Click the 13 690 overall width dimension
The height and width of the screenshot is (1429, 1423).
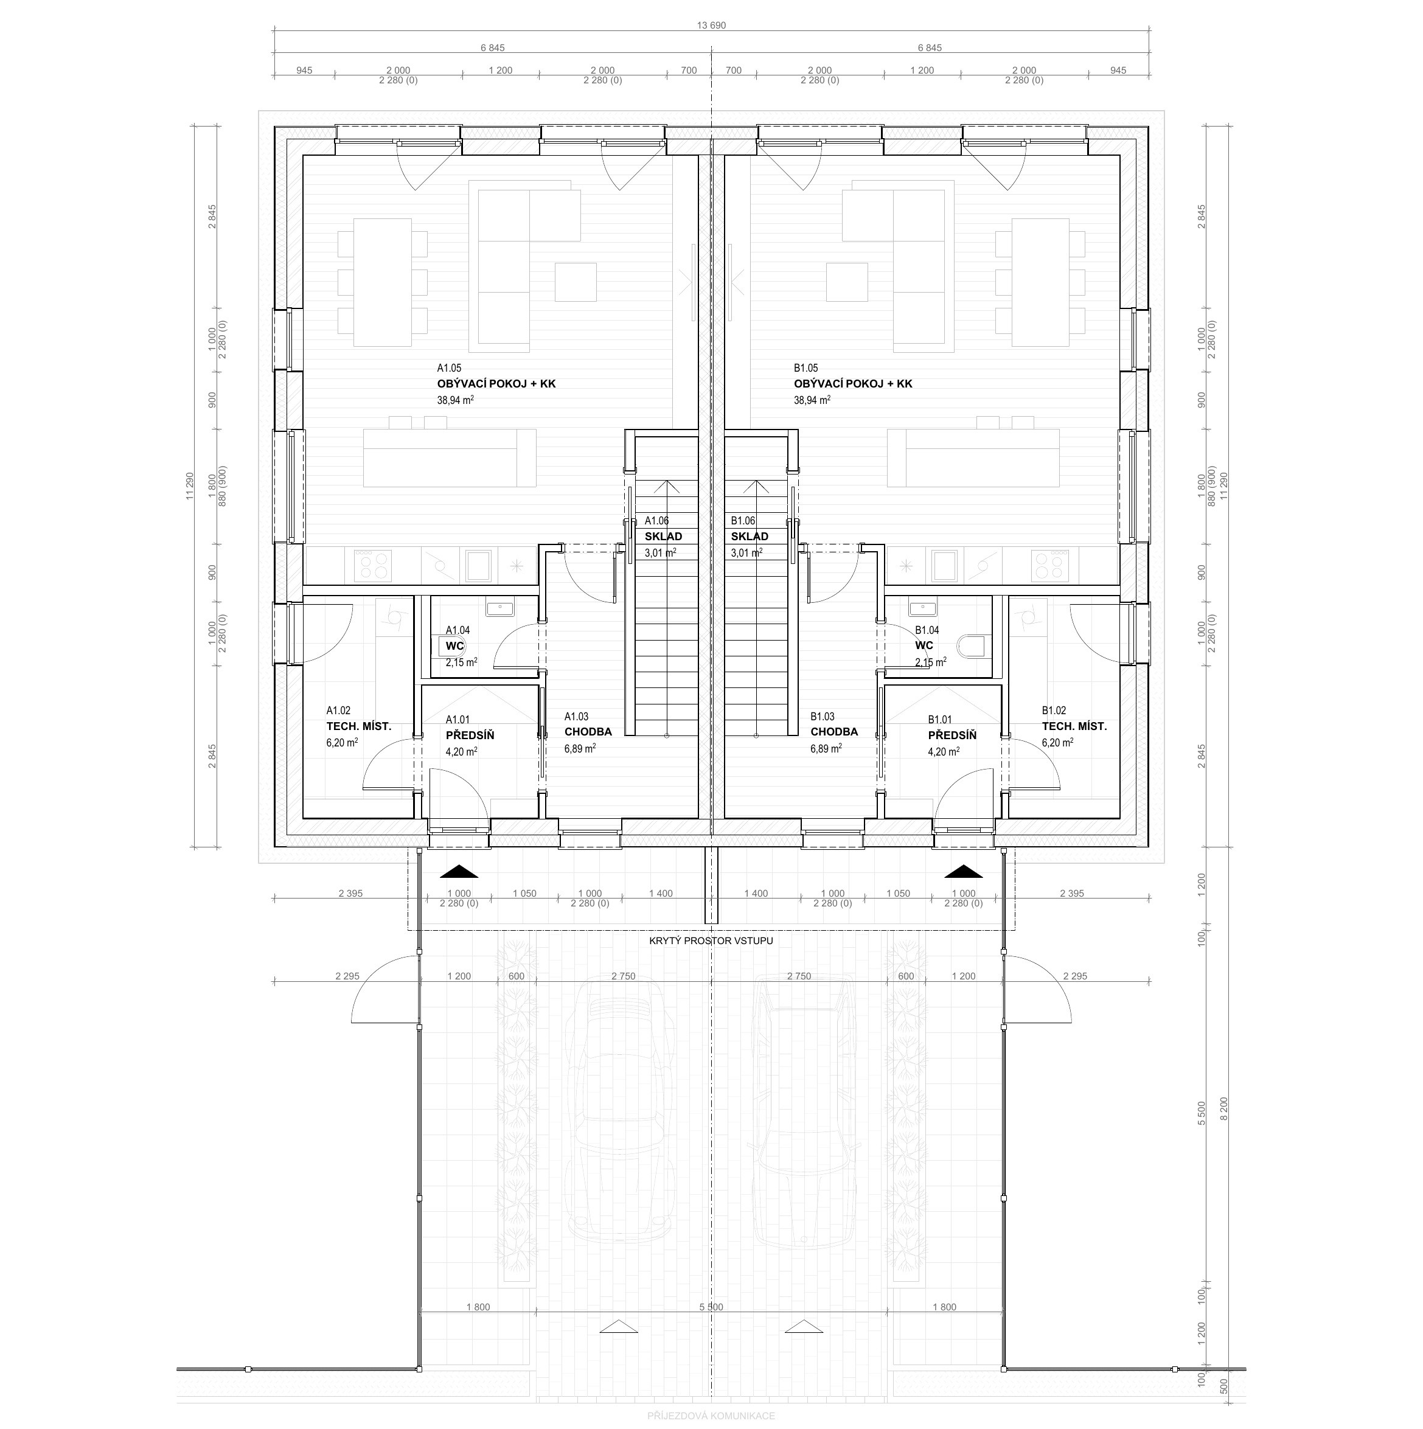click(712, 25)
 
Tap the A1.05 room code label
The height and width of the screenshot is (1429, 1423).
click(449, 367)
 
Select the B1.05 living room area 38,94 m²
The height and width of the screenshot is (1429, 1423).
click(812, 400)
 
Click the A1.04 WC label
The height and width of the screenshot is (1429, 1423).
click(455, 645)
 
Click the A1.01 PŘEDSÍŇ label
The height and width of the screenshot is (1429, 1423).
click(470, 735)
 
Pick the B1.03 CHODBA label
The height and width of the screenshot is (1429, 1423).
click(834, 731)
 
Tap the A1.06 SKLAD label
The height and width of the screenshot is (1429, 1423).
click(663, 536)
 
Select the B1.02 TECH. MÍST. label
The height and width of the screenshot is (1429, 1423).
click(1074, 726)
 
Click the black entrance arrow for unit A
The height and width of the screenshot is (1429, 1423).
click(459, 871)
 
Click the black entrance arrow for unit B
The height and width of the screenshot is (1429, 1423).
click(964, 871)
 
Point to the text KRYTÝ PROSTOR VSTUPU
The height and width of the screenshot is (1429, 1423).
click(712, 941)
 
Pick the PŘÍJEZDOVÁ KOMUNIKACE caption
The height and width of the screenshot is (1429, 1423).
click(712, 1416)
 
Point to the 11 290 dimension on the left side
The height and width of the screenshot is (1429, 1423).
click(190, 486)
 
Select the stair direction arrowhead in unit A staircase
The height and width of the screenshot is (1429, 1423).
click(667, 486)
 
